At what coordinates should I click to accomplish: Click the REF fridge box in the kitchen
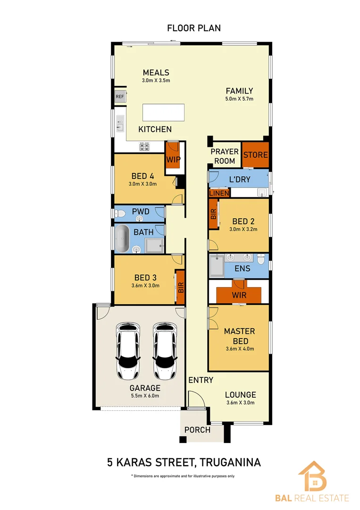coord(120,97)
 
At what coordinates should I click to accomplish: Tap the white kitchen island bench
coord(163,113)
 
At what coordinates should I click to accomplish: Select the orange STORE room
coord(255,154)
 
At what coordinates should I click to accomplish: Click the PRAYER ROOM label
coord(225,156)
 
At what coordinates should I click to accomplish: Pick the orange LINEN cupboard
coord(219,193)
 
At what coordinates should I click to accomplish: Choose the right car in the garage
coord(164,351)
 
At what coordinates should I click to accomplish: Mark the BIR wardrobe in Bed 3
coord(180,287)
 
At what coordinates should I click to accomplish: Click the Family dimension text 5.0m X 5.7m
coord(239,99)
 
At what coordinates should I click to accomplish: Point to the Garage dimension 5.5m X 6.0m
coord(145,396)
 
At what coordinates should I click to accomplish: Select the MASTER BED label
coord(239,336)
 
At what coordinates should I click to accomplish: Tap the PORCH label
coord(197,430)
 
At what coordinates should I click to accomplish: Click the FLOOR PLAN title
coord(193,28)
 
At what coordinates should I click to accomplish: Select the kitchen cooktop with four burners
coord(144,146)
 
